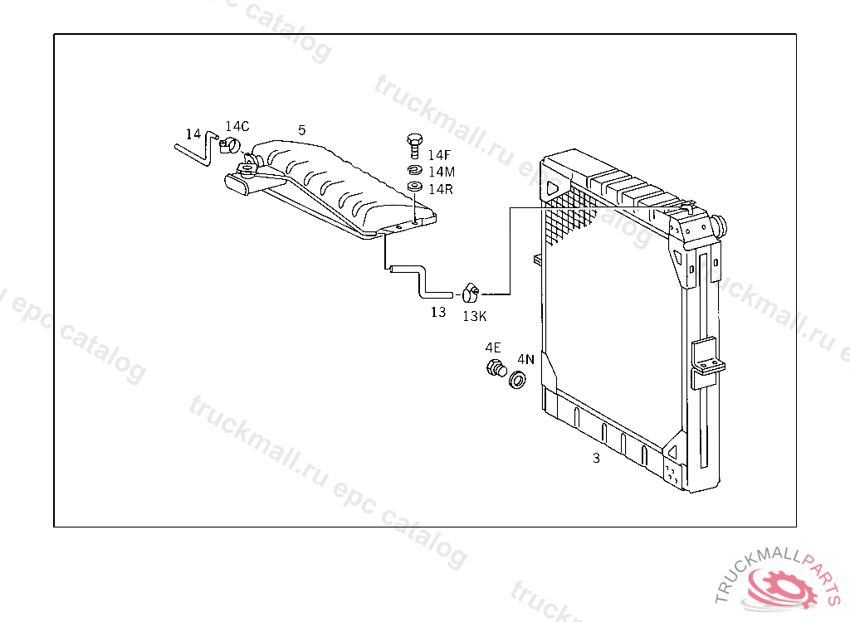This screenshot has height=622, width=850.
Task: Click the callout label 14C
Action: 237,126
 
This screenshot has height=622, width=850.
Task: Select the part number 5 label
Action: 302,130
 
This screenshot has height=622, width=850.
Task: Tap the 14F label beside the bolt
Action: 440,155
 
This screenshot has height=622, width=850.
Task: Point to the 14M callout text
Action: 442,172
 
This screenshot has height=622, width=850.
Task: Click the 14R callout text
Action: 441,188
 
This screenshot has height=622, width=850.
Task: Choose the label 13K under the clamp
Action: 475,316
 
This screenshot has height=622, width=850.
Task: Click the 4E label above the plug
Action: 493,347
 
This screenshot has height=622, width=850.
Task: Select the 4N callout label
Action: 526,359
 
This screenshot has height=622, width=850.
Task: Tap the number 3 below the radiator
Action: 596,458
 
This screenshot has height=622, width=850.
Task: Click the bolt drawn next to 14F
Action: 415,146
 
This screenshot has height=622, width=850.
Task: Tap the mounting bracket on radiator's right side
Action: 706,359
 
